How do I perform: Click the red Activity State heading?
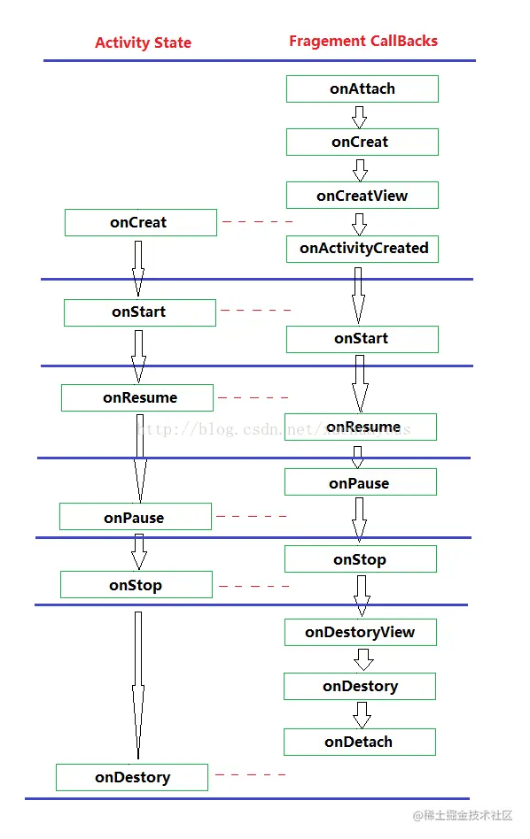pos(143,42)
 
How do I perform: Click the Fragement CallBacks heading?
pos(363,41)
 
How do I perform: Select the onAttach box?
pos(362,89)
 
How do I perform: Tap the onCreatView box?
pos(362,196)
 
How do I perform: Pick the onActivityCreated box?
pos(362,249)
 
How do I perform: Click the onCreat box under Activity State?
pos(140,223)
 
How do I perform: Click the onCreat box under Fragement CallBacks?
pos(362,142)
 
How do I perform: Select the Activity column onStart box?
pos(139,312)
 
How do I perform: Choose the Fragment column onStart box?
pos(362,339)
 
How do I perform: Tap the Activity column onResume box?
pos(137,398)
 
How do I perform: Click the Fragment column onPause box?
pos(360,483)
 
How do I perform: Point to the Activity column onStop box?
pos(136,585)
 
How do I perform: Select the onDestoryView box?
pos(360,633)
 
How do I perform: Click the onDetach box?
pos(359,743)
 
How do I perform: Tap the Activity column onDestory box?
pos(132,778)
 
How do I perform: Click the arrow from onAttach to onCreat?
pos(359,116)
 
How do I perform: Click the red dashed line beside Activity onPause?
pos(251,516)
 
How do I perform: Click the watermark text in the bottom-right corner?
pos(463,815)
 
